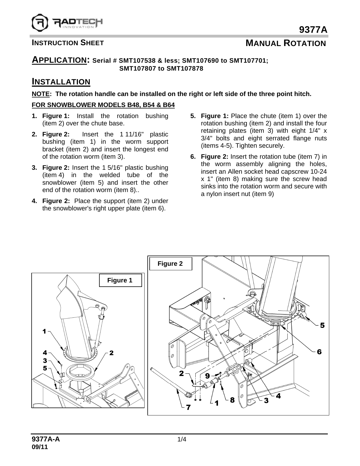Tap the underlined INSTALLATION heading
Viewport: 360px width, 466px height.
(x=61, y=82)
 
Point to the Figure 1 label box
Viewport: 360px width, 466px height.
(x=120, y=280)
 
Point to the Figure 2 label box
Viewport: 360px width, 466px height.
(x=170, y=264)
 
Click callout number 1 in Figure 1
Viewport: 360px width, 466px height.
(x=44, y=331)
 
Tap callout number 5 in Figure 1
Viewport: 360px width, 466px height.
(x=45, y=368)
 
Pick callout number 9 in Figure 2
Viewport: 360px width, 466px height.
(x=207, y=376)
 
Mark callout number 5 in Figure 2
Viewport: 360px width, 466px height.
(x=322, y=325)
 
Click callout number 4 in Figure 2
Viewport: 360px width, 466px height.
(x=278, y=396)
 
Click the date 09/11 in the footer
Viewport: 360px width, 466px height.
(x=40, y=447)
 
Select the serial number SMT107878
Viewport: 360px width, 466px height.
(x=185, y=69)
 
